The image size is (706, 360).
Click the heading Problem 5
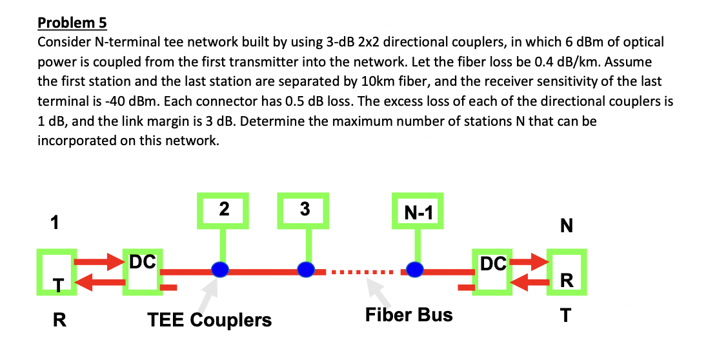[x=72, y=23]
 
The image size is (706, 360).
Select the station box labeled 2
[x=224, y=210]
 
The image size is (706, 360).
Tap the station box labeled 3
[x=305, y=210]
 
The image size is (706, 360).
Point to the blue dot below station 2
[x=221, y=269]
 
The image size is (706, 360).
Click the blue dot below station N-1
[x=415, y=269]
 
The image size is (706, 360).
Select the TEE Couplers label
[x=209, y=320]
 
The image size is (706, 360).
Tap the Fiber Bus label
[x=408, y=315]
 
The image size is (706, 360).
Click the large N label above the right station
[x=566, y=226]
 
